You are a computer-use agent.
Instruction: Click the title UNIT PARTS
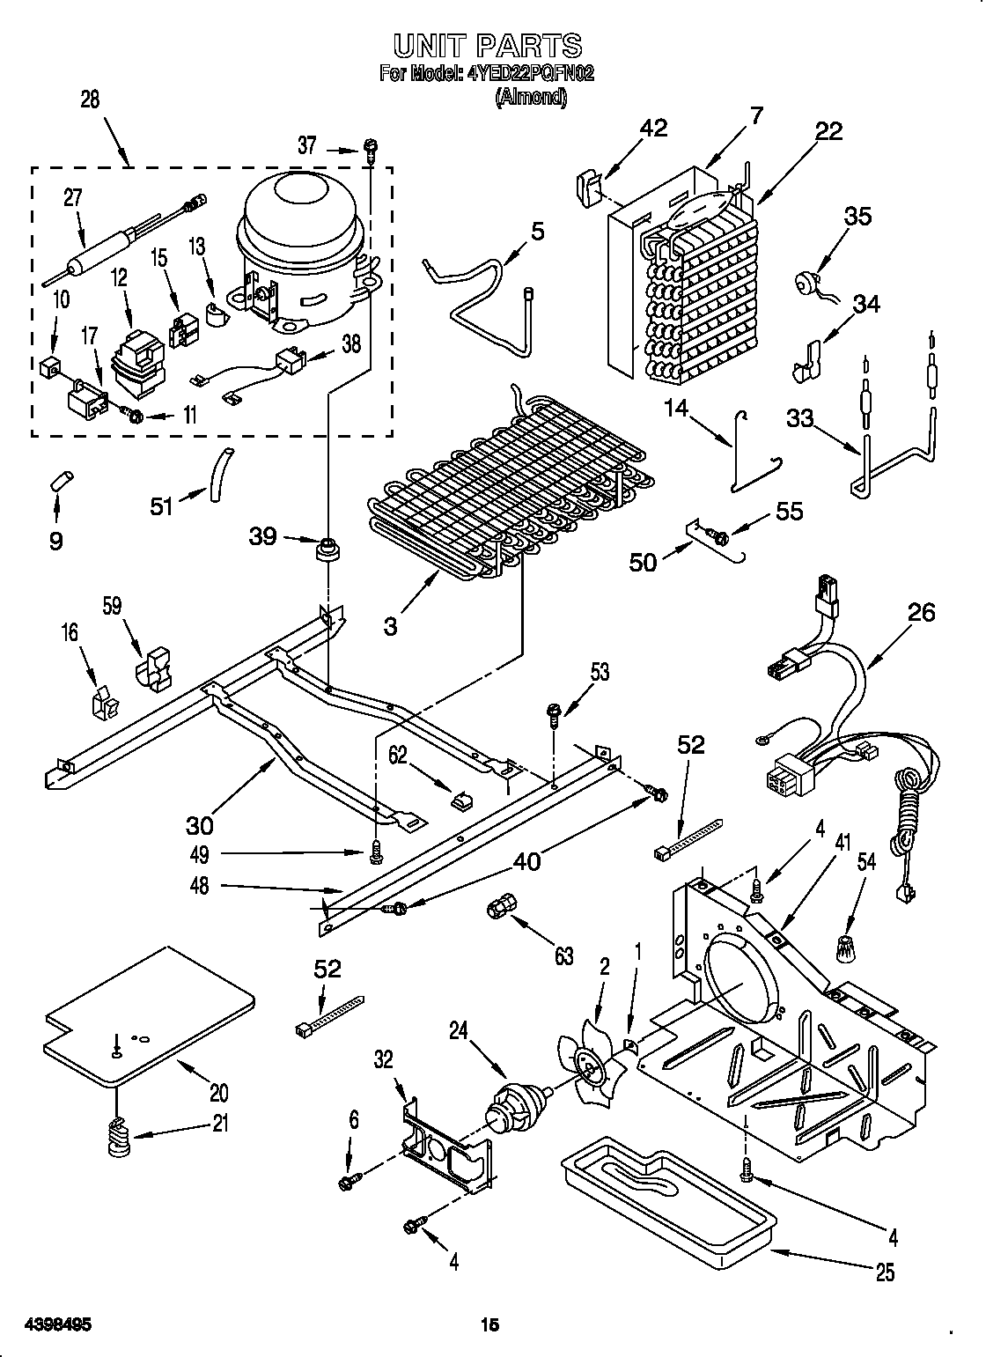click(x=486, y=45)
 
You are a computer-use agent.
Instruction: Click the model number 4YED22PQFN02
click(x=524, y=75)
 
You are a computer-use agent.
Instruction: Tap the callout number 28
click(x=90, y=100)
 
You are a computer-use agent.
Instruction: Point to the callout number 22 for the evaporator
click(x=828, y=131)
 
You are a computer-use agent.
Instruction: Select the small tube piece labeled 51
click(x=218, y=476)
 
